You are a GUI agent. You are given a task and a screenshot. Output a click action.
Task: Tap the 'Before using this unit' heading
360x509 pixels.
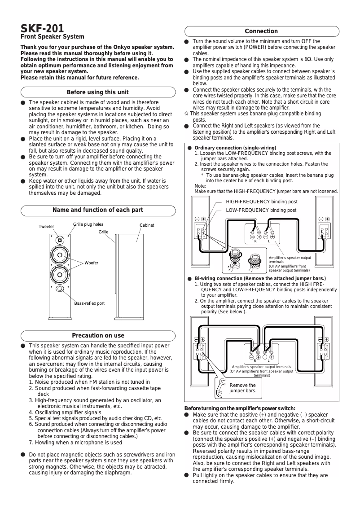point(97,92)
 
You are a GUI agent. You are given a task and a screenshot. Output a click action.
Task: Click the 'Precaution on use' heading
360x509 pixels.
point(98,335)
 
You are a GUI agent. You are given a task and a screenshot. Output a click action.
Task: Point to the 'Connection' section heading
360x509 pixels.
point(261,31)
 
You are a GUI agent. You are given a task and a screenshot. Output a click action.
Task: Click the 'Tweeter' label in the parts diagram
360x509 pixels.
point(46,226)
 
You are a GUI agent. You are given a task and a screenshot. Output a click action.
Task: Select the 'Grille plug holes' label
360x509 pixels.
point(88,224)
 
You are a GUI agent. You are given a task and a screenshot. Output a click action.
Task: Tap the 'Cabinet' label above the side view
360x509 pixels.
point(147,224)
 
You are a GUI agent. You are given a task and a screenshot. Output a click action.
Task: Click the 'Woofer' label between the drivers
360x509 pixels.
point(91,262)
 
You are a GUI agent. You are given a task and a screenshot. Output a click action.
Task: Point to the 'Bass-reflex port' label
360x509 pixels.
point(89,303)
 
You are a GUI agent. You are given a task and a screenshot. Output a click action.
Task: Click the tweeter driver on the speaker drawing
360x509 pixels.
point(60,240)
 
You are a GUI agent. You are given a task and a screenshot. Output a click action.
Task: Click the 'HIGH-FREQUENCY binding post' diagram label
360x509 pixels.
point(261,202)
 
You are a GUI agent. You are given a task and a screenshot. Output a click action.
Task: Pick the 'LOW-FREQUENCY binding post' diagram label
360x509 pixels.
point(261,210)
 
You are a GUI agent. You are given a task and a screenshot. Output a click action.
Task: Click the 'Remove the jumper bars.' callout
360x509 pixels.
point(242,388)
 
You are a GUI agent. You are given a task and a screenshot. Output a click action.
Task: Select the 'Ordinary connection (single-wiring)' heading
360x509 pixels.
point(235,148)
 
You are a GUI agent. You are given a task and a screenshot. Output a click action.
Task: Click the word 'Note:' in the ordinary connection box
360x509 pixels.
point(200,186)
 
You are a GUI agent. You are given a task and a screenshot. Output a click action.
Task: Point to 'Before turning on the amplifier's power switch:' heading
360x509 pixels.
point(240,408)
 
